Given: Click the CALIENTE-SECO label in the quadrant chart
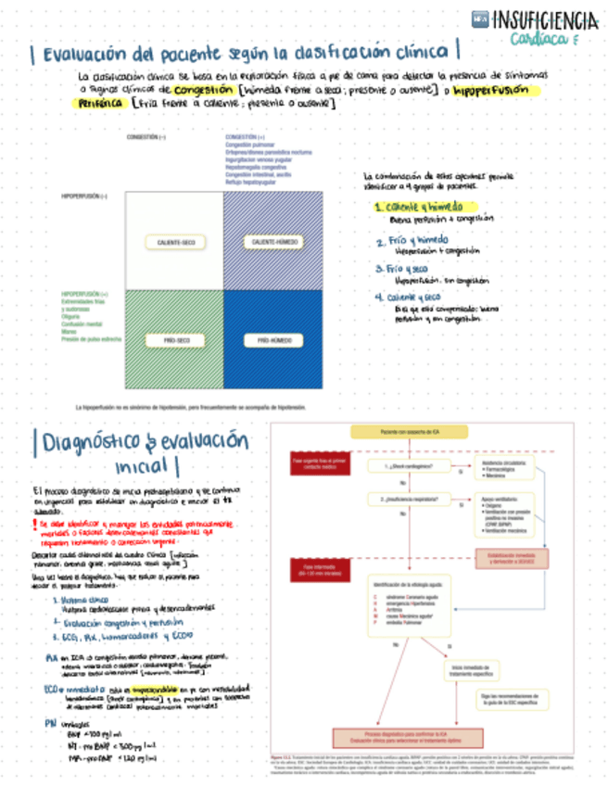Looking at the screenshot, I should pyautogui.click(x=174, y=242).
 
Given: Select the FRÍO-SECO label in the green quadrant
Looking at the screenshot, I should pyautogui.click(x=174, y=341).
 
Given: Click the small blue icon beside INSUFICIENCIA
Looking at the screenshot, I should pyautogui.click(x=480, y=18).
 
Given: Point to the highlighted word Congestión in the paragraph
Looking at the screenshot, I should pyautogui.click(x=203, y=90).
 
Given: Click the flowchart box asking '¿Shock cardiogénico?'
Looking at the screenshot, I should pyautogui.click(x=404, y=465).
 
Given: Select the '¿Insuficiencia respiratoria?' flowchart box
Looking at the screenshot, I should pyautogui.click(x=405, y=501).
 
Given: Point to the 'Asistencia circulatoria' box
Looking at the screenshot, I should pyautogui.click(x=505, y=466).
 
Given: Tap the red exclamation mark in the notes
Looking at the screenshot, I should pyautogui.click(x=34, y=526).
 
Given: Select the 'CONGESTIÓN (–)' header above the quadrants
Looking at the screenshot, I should pyautogui.click(x=146, y=136).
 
